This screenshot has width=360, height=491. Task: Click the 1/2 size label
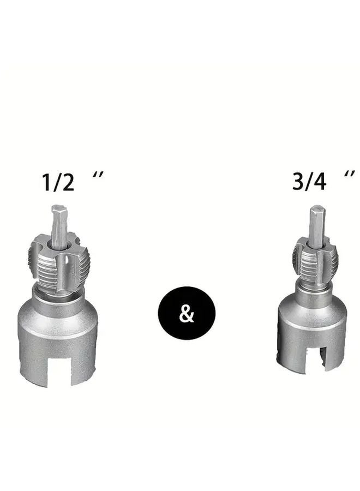click(x=58, y=182)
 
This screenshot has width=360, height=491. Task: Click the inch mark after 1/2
click(x=98, y=175)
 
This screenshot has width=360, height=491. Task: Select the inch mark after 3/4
click(x=349, y=174)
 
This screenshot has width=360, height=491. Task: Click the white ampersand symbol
click(x=187, y=314)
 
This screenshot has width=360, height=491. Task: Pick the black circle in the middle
click(x=187, y=313)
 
